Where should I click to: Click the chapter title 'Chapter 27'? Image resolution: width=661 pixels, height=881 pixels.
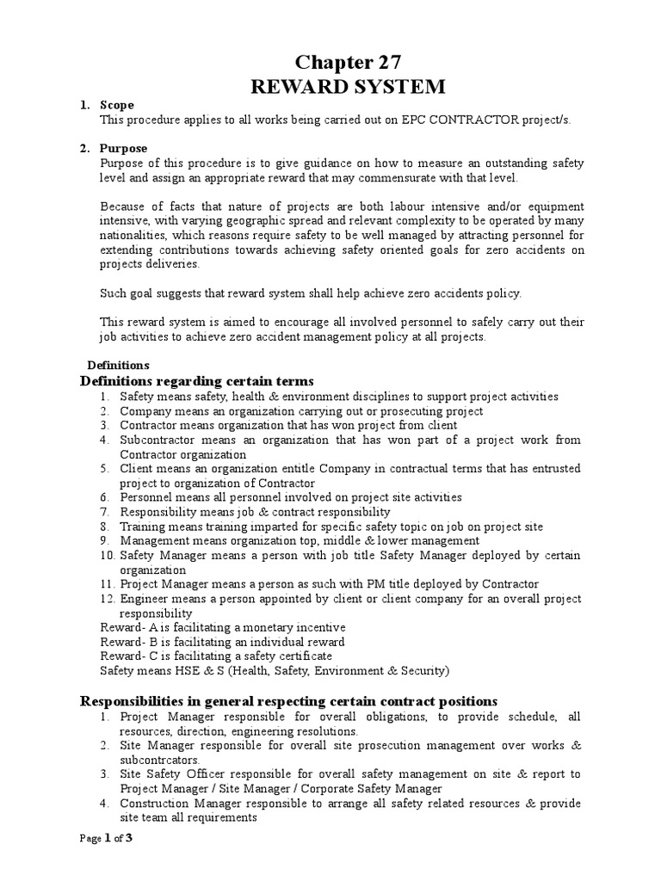[x=348, y=61]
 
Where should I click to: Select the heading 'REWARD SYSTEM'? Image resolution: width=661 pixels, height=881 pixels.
[x=348, y=87]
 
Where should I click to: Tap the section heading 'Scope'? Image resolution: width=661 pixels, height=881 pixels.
[x=117, y=105]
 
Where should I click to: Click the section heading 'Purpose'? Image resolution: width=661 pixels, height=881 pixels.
[x=123, y=148]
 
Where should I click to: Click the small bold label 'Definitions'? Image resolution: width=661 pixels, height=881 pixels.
[x=119, y=365]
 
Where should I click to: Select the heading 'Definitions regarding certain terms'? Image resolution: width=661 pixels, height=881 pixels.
[x=197, y=381]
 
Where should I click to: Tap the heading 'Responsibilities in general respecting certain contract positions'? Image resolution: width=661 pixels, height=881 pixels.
[x=288, y=701]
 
